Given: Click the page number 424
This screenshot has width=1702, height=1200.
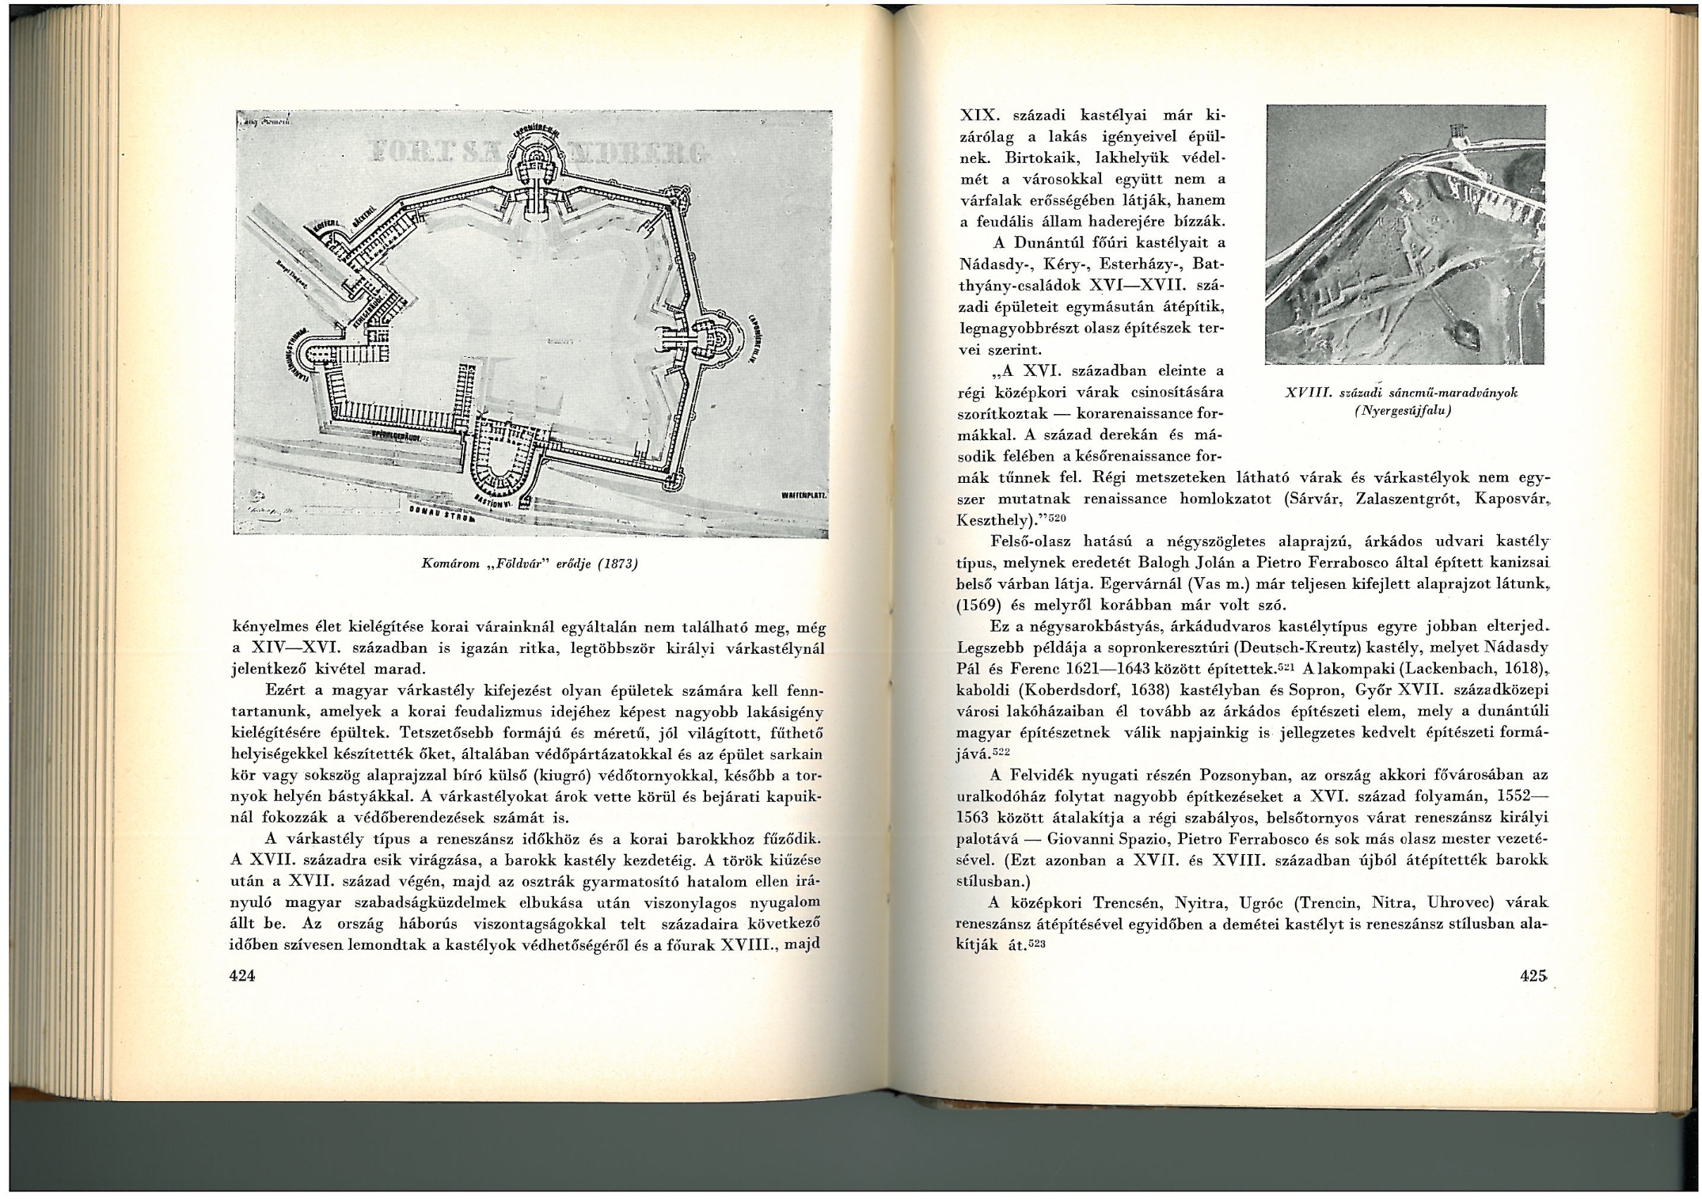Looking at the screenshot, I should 242,976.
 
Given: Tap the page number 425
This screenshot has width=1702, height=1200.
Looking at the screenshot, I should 1533,976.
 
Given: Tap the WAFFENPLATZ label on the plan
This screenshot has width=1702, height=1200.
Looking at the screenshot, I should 804,494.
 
